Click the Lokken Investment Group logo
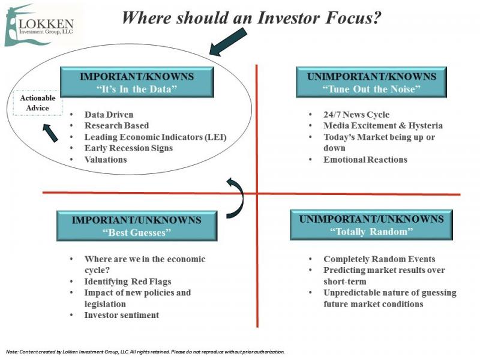(x=39, y=25)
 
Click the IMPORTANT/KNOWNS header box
(x=137, y=82)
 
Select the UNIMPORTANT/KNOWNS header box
(x=371, y=82)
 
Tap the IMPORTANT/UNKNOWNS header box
(x=137, y=226)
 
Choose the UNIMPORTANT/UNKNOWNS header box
(x=371, y=225)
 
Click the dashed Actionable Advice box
(x=38, y=103)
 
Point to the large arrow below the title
(x=228, y=42)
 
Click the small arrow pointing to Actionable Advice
(x=50, y=133)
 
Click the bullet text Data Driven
(x=109, y=115)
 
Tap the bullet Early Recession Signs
(x=128, y=148)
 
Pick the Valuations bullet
(x=106, y=160)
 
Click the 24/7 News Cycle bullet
(x=356, y=115)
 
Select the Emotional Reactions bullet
(x=365, y=160)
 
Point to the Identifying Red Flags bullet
(x=128, y=281)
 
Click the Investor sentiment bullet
(x=122, y=315)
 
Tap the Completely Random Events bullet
(x=379, y=259)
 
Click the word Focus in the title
(x=353, y=17)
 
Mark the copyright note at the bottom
(x=145, y=352)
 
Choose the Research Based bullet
(x=116, y=125)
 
